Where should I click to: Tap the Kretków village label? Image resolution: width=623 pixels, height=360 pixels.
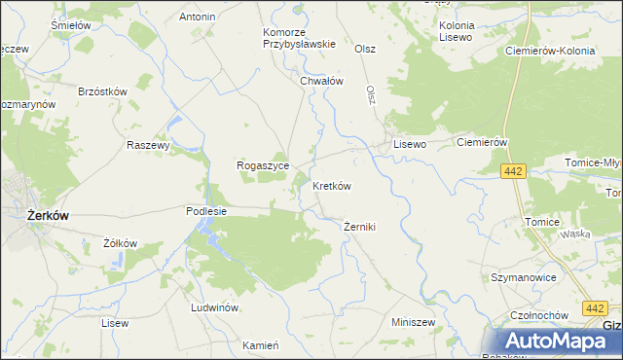click(x=331, y=185)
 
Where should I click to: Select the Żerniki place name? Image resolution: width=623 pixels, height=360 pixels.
click(x=359, y=227)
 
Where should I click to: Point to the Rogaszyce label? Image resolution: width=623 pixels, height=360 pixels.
click(x=262, y=165)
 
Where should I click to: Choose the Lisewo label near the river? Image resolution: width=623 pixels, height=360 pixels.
click(x=410, y=143)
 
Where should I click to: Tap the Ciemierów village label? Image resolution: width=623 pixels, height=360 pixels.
click(x=484, y=142)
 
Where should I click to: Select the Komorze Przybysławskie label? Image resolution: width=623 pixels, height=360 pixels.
click(x=299, y=37)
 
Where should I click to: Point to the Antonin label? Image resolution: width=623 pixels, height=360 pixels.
click(x=198, y=17)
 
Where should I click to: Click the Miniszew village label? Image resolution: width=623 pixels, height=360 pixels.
click(x=412, y=321)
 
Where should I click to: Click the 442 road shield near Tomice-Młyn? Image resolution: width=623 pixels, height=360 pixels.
click(x=515, y=171)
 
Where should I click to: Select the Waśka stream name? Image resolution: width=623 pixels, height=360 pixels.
click(x=575, y=234)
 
